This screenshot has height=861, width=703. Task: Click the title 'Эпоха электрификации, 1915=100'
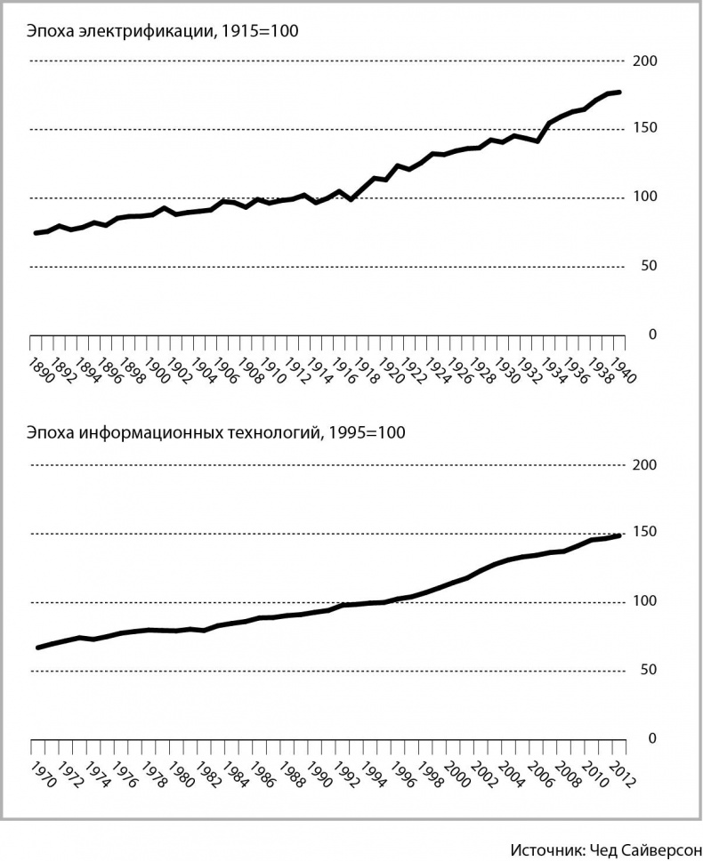160,32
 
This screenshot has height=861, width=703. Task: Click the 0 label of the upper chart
652,334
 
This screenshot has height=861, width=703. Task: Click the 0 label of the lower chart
652,738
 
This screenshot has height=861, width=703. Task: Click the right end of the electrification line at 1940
619,93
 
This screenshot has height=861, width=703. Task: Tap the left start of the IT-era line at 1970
37,648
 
